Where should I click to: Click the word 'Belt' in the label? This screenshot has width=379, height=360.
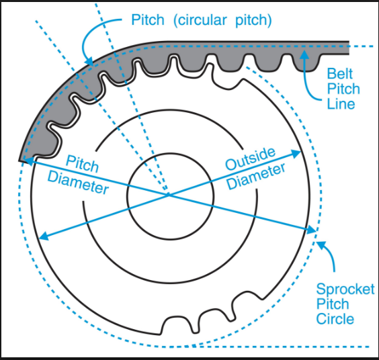[340, 73]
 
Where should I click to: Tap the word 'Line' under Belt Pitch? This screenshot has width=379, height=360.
[341, 104]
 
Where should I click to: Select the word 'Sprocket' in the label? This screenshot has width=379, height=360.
[345, 289]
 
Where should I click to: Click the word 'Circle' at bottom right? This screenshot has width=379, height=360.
[335, 319]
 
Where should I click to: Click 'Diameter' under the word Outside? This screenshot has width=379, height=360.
[256, 177]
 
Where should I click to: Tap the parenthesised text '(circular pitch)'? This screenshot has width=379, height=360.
[222, 19]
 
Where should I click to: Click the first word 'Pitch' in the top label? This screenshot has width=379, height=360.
[148, 19]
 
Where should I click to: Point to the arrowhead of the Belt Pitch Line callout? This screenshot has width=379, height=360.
[304, 54]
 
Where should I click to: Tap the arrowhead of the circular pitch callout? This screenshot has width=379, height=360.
[89, 61]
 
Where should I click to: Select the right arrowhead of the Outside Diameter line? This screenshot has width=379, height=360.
[296, 154]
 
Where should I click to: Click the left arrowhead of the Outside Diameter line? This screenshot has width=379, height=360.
[44, 236]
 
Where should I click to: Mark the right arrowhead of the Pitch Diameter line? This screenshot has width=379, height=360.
[311, 230]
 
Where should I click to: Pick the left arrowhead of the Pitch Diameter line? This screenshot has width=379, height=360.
[28, 161]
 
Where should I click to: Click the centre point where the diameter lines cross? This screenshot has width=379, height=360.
[169, 195]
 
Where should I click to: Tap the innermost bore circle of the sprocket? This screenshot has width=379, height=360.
[170, 153]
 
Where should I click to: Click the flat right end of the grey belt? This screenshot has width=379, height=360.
[349, 48]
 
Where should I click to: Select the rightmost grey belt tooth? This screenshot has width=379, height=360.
[306, 63]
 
